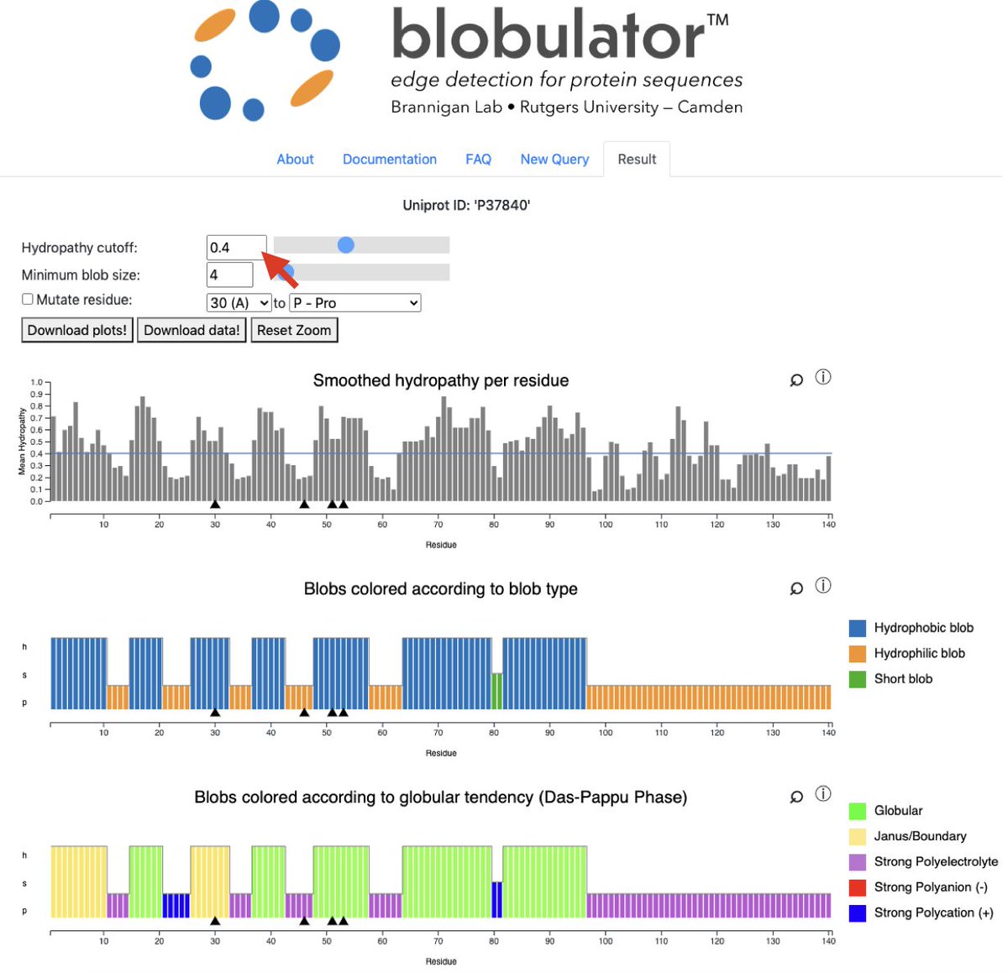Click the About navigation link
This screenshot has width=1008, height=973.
(295, 160)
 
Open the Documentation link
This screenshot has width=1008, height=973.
(390, 160)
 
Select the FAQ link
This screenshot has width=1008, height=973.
(478, 160)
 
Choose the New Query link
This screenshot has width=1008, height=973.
(554, 160)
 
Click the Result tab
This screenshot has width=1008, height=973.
(637, 160)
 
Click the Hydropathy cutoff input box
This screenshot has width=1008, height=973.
(236, 248)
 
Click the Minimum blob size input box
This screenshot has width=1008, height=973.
(229, 275)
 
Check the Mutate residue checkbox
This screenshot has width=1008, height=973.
(28, 299)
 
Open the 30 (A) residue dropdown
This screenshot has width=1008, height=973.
(239, 303)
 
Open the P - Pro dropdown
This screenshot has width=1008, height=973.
(354, 303)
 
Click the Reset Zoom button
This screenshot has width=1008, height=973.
(294, 330)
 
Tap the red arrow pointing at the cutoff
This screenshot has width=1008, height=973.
(281, 267)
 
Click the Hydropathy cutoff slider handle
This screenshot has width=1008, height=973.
(345, 244)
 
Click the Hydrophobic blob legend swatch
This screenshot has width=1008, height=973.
(858, 628)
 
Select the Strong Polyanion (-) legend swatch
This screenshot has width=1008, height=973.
(858, 887)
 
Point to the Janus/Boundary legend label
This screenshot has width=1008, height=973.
(920, 836)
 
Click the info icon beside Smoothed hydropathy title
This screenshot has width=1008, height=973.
(823, 377)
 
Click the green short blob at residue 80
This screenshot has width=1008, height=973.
(497, 690)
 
